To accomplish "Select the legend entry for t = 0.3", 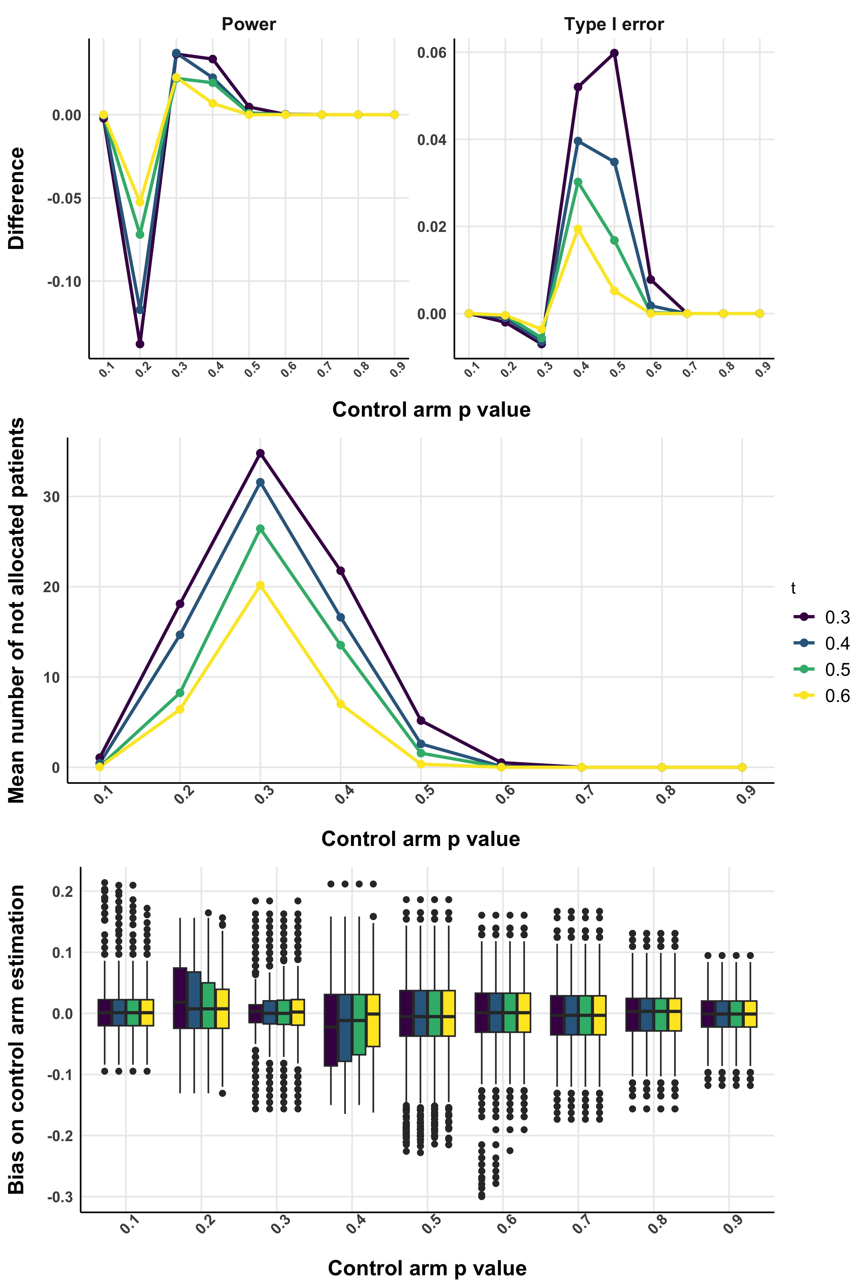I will click(x=822, y=617).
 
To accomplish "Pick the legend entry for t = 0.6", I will click(x=822, y=696).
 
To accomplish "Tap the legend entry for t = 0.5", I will click(x=822, y=670).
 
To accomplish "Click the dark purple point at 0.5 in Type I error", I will click(x=614, y=53).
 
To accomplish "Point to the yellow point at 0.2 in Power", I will click(x=140, y=202).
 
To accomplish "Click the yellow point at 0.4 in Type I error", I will click(x=578, y=229).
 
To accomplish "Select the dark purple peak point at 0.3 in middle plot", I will click(x=260, y=453).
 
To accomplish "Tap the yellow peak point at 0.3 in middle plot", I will click(x=260, y=585).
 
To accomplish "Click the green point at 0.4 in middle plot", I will click(x=341, y=645).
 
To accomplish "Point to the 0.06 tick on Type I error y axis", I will click(x=432, y=53).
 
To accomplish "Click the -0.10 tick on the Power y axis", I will click(x=64, y=282).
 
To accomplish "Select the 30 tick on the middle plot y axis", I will click(x=52, y=497).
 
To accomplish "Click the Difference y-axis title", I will click(x=16, y=198).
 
